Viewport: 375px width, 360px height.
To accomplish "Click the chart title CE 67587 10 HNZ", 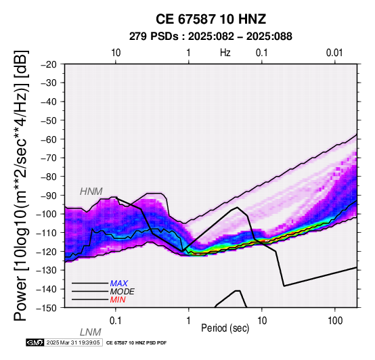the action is (x=211, y=19).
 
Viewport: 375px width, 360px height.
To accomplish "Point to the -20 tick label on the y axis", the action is (x=49, y=64).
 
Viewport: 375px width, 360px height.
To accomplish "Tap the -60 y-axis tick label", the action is (x=49, y=139).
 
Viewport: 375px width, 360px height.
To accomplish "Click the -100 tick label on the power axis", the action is (x=47, y=214).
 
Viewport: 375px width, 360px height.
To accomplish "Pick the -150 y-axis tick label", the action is (x=47, y=308).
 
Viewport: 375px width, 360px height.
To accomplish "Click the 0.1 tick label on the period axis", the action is (x=115, y=321).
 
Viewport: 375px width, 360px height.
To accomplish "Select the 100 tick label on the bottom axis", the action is (x=335, y=321).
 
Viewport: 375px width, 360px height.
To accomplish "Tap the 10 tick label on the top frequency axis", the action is (x=116, y=53).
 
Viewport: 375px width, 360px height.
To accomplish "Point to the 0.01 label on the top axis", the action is (x=334, y=53).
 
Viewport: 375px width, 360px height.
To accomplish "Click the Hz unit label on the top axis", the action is (x=225, y=53).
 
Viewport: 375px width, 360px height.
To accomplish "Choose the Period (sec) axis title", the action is (x=225, y=328).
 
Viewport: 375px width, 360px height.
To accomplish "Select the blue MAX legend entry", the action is (x=119, y=284).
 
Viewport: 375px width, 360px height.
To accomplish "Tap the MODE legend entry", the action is (x=123, y=292).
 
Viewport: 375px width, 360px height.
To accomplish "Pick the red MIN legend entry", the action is (x=118, y=300).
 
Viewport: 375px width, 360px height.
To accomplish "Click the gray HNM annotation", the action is (x=91, y=192).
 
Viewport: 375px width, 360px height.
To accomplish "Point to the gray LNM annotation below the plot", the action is (x=91, y=332).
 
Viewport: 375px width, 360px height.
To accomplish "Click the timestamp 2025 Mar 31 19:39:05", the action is (x=73, y=342).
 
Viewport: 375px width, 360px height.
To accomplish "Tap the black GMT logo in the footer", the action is (x=35, y=342).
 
